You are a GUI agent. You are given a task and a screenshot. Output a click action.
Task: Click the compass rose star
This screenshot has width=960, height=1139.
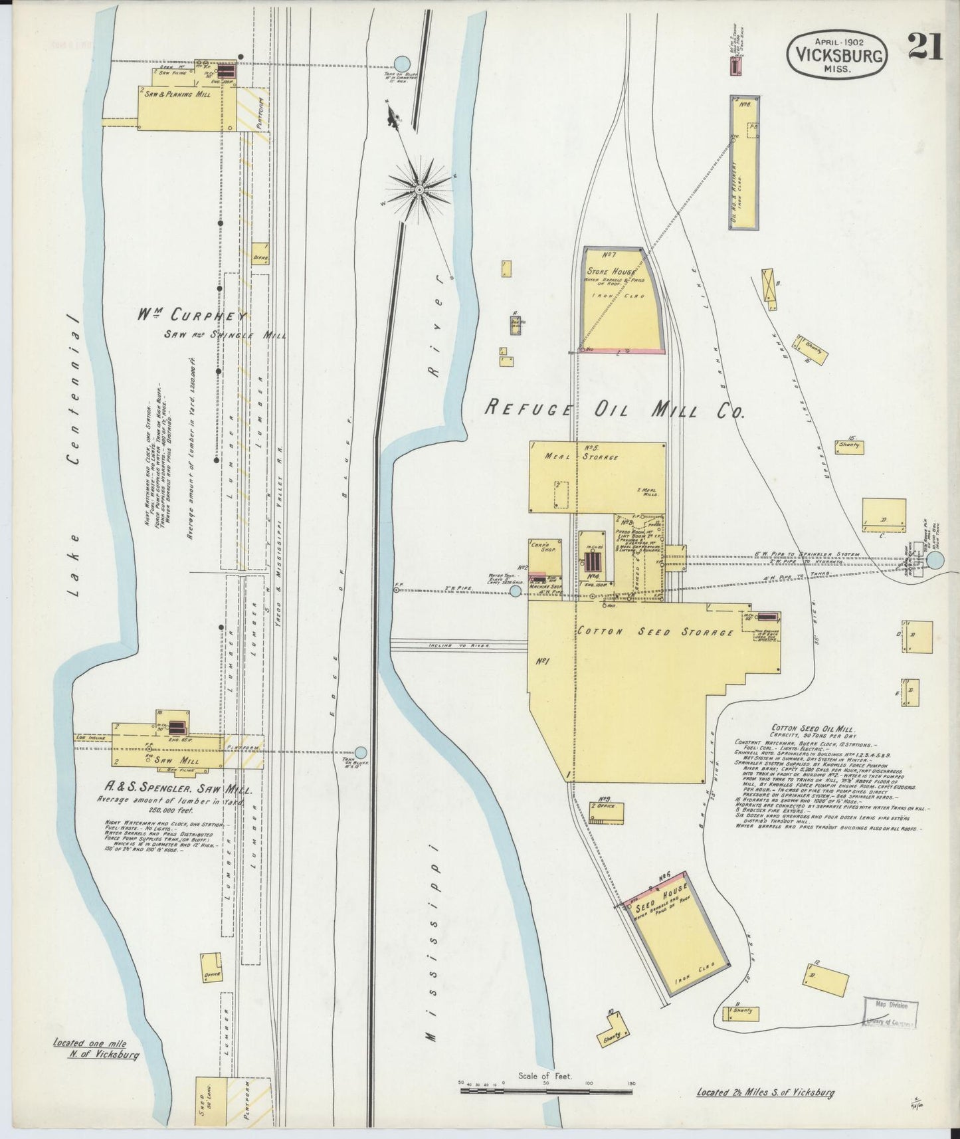[x=420, y=189]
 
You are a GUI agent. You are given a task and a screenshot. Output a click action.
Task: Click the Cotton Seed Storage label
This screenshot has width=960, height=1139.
[x=655, y=632]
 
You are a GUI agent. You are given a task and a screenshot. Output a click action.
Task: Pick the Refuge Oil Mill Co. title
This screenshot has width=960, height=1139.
[x=615, y=408]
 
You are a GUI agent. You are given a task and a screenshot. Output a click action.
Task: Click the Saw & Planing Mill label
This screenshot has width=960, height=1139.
[x=175, y=95]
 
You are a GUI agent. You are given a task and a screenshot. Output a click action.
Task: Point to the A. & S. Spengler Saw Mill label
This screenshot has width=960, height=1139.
[x=173, y=790]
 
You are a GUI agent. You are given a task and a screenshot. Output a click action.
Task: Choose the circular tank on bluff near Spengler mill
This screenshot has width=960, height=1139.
[x=361, y=752]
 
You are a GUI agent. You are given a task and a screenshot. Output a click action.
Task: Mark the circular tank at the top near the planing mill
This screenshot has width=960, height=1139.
[x=401, y=63]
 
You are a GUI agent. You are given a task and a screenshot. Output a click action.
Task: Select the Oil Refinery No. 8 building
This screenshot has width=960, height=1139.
[x=744, y=163]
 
